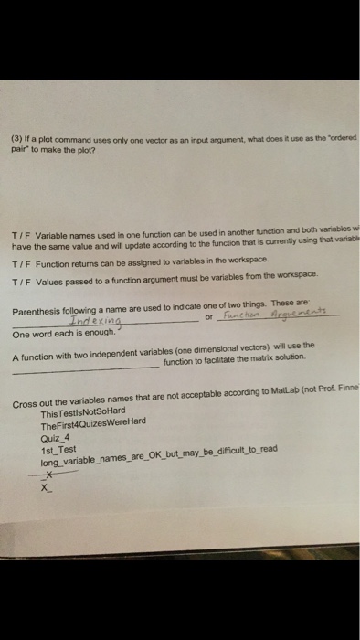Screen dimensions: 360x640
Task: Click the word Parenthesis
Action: (37, 311)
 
